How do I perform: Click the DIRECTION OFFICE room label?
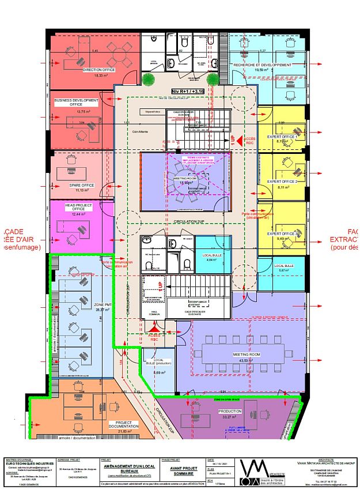tap(98, 70)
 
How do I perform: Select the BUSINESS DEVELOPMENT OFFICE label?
tap(77, 102)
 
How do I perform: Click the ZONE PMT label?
tap(103, 304)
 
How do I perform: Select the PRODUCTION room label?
tap(229, 411)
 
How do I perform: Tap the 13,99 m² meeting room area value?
tap(185, 183)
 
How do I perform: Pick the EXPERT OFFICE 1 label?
tap(282, 137)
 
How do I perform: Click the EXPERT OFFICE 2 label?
tap(282, 182)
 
